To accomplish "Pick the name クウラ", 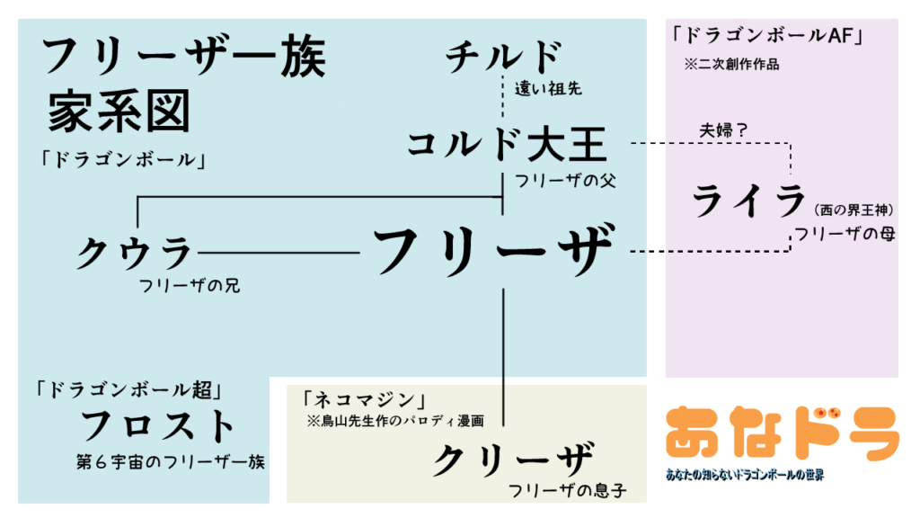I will [x=134, y=252].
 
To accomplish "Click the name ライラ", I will [x=747, y=201].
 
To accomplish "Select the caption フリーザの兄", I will [x=189, y=286].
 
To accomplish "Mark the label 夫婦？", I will [x=724, y=129].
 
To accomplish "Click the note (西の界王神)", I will [x=854, y=210].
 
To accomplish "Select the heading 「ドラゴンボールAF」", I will [x=766, y=37].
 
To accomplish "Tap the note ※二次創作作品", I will [x=731, y=65].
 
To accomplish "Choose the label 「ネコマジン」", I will [x=363, y=398].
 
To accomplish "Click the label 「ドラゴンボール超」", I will [x=129, y=390].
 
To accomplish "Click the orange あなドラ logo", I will [x=782, y=433].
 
